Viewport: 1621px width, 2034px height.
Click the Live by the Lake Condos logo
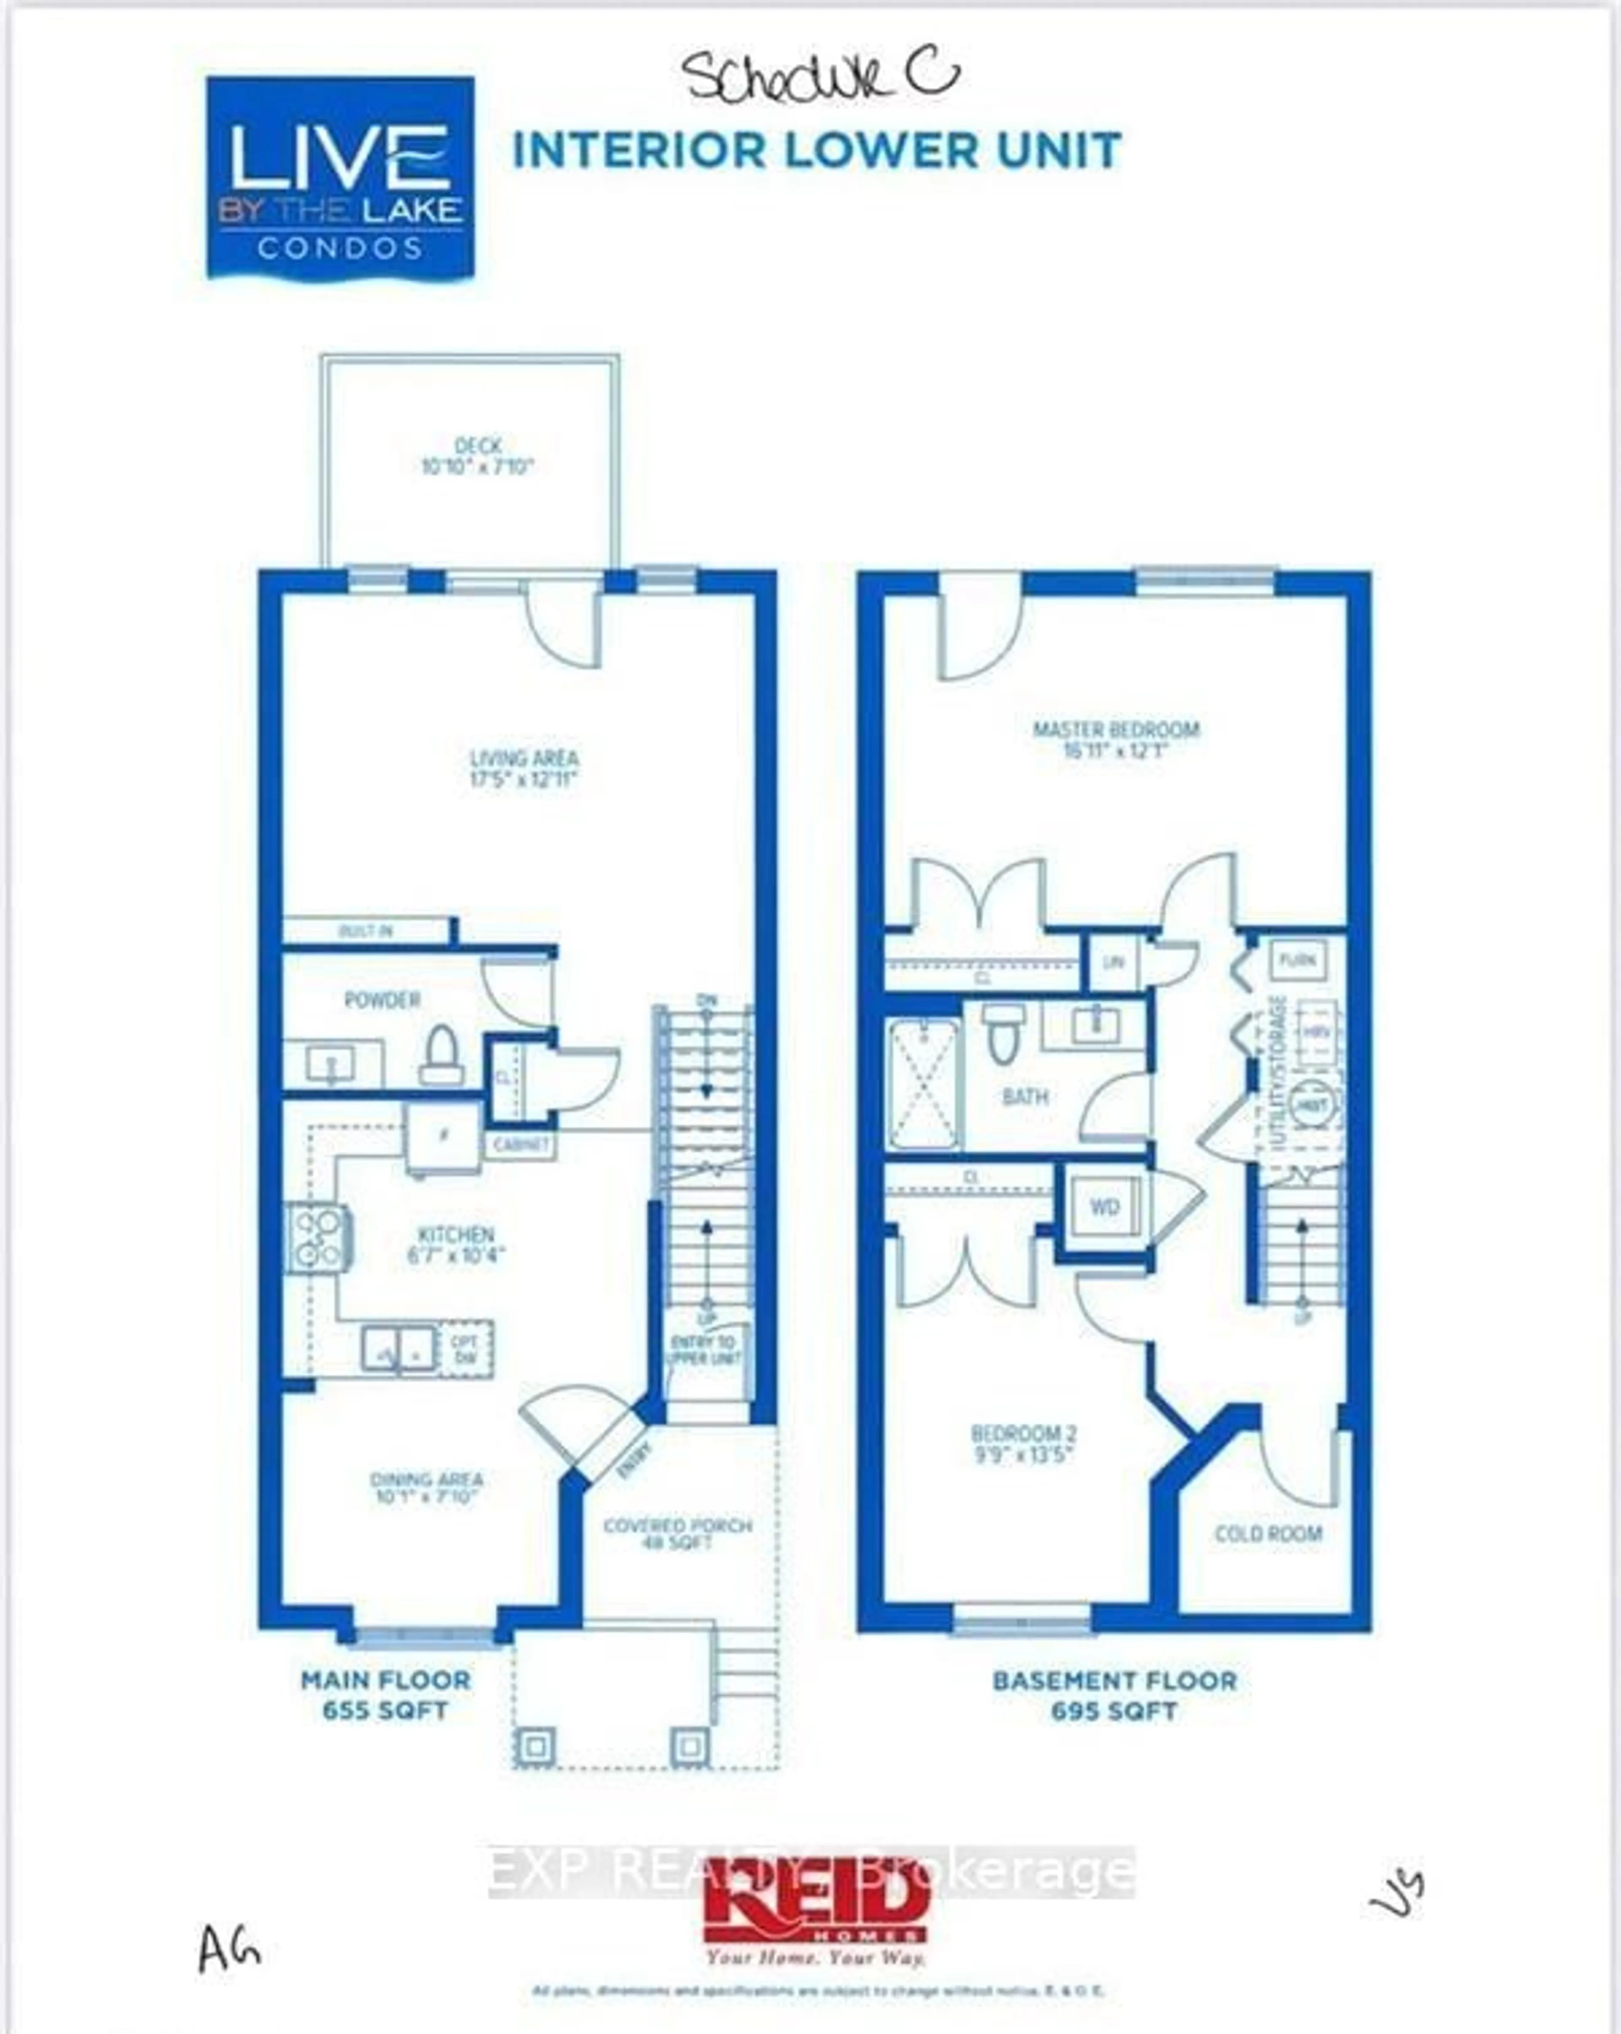coord(340,177)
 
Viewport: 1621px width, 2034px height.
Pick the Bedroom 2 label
coord(1024,1443)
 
